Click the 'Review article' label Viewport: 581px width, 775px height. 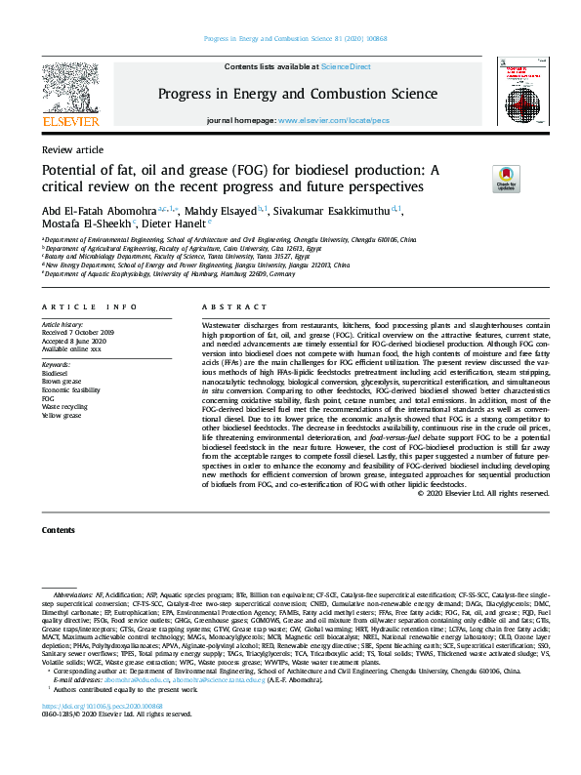pos(72,150)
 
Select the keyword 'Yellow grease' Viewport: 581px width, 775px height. pos(62,416)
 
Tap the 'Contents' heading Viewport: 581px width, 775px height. pos(58,530)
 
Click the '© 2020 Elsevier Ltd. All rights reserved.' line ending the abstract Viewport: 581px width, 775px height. pos(482,494)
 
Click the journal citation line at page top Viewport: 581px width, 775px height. pos(290,39)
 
